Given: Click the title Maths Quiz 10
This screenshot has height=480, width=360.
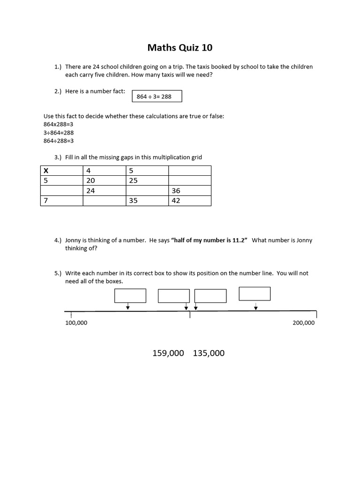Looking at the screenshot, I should point(180,47).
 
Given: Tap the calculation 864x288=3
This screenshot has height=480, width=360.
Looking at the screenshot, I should point(59,124).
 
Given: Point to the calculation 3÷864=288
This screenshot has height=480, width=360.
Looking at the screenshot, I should point(59,133).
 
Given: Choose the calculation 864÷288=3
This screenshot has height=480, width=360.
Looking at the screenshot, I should point(59,141).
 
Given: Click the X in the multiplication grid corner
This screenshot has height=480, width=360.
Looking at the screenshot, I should point(46,171).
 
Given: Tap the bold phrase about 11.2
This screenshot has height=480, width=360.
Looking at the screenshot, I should point(209,240).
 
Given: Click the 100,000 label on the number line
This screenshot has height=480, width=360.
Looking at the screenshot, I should point(76,323).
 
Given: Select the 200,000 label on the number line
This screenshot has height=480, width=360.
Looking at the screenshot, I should point(303,323).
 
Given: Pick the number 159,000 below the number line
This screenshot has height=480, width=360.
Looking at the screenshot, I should point(168,353).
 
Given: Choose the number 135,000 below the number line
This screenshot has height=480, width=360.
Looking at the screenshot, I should point(209,353).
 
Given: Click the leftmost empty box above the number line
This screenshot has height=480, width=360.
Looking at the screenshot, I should point(130,296).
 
